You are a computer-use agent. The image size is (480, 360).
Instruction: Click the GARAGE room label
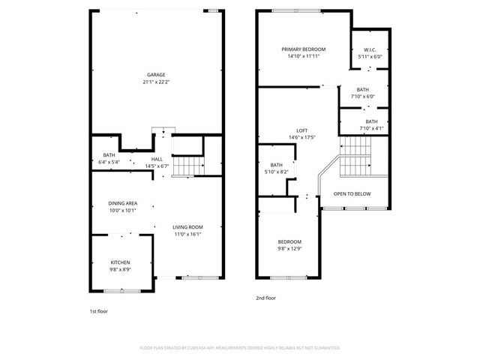click(x=156, y=74)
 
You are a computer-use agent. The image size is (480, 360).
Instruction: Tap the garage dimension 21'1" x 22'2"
click(x=156, y=81)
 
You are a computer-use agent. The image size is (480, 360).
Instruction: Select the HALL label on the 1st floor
click(x=157, y=159)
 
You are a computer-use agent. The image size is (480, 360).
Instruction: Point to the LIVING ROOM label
click(x=187, y=227)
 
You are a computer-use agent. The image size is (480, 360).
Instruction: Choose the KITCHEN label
click(x=120, y=262)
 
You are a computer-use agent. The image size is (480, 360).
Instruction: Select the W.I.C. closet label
click(x=370, y=49)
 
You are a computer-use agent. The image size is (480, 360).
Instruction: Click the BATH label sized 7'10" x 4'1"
click(x=372, y=121)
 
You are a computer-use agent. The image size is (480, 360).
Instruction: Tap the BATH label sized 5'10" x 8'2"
click(x=277, y=165)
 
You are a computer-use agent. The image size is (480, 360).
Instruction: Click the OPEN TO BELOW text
click(x=352, y=193)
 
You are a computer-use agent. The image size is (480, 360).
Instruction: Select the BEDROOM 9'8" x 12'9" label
click(x=289, y=241)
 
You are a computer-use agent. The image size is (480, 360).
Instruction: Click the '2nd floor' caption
click(x=265, y=298)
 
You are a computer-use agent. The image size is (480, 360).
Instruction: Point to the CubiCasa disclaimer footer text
click(x=240, y=348)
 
